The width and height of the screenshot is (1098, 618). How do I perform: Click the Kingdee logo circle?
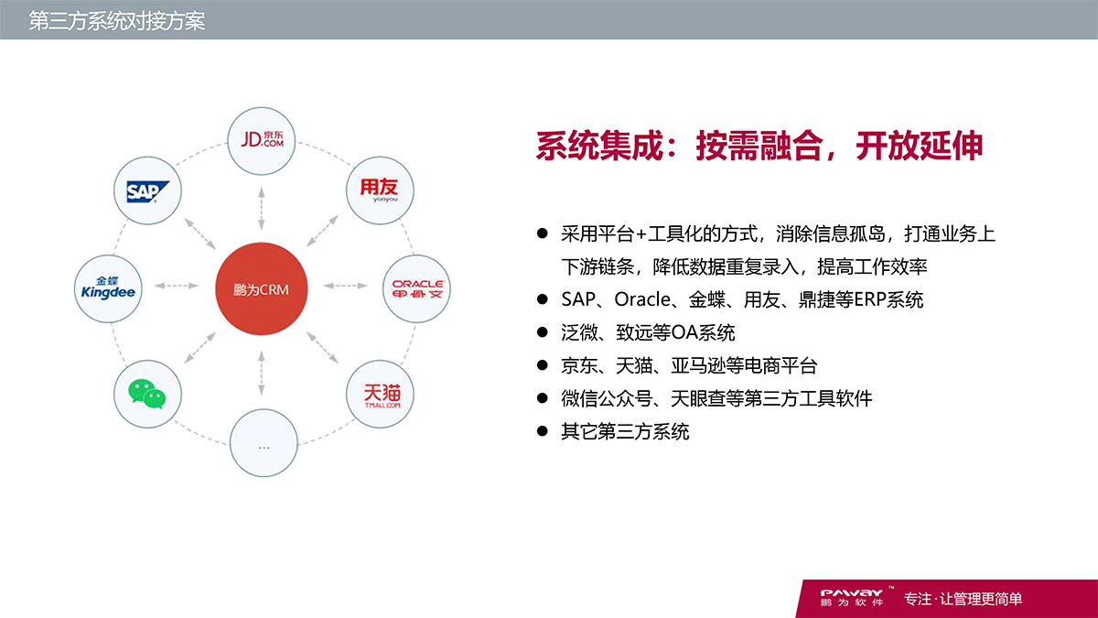click(x=108, y=287)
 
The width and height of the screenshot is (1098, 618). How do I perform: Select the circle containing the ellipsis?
click(x=264, y=443)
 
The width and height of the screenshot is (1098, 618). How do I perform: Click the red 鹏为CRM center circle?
click(x=261, y=288)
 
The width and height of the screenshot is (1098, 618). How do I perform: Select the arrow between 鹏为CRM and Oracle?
click(x=346, y=287)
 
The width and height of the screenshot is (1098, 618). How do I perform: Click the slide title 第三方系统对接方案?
click(x=116, y=20)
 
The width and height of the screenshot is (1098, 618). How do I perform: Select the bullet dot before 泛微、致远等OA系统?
click(x=542, y=332)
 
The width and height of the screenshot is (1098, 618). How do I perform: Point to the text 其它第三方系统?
click(x=625, y=431)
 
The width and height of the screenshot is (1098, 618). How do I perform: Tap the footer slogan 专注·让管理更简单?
click(x=963, y=600)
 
